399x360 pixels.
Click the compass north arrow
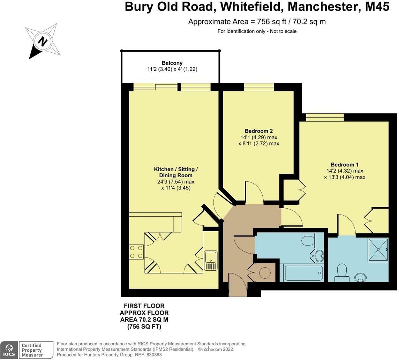click(43, 42)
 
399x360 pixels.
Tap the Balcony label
click(172, 63)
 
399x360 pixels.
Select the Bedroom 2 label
click(259, 131)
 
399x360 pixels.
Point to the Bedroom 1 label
click(345, 165)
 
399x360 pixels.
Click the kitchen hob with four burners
click(136, 252)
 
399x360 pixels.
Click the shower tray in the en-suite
click(378, 249)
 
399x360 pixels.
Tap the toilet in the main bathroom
click(308, 241)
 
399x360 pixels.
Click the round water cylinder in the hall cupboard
click(265, 272)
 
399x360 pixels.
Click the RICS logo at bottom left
click(9, 350)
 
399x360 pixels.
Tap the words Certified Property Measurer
click(32, 350)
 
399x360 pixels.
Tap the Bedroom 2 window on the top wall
click(258, 87)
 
